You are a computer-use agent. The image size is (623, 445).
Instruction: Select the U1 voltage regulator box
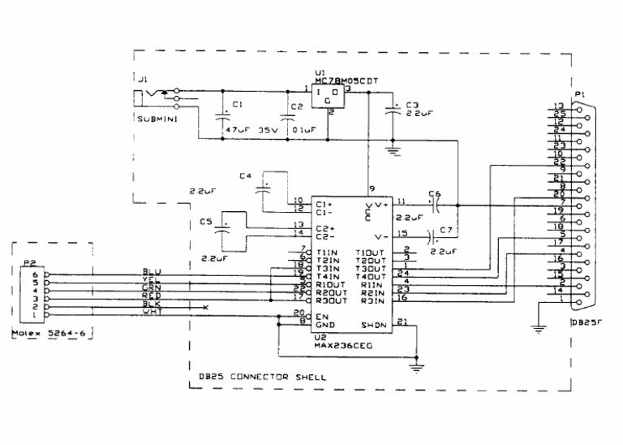(x=329, y=98)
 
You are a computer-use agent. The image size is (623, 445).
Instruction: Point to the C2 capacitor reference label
(x=296, y=106)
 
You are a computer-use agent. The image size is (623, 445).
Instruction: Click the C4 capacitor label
(x=247, y=175)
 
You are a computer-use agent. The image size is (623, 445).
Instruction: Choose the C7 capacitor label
(x=445, y=231)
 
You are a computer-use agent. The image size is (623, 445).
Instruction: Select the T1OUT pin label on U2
(x=370, y=253)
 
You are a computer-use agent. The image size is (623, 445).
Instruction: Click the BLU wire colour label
(x=152, y=271)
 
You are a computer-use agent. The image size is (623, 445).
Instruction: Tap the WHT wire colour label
(x=152, y=312)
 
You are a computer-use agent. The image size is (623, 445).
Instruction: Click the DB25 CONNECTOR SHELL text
(x=263, y=378)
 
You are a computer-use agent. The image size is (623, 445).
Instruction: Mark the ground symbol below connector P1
(x=535, y=329)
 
